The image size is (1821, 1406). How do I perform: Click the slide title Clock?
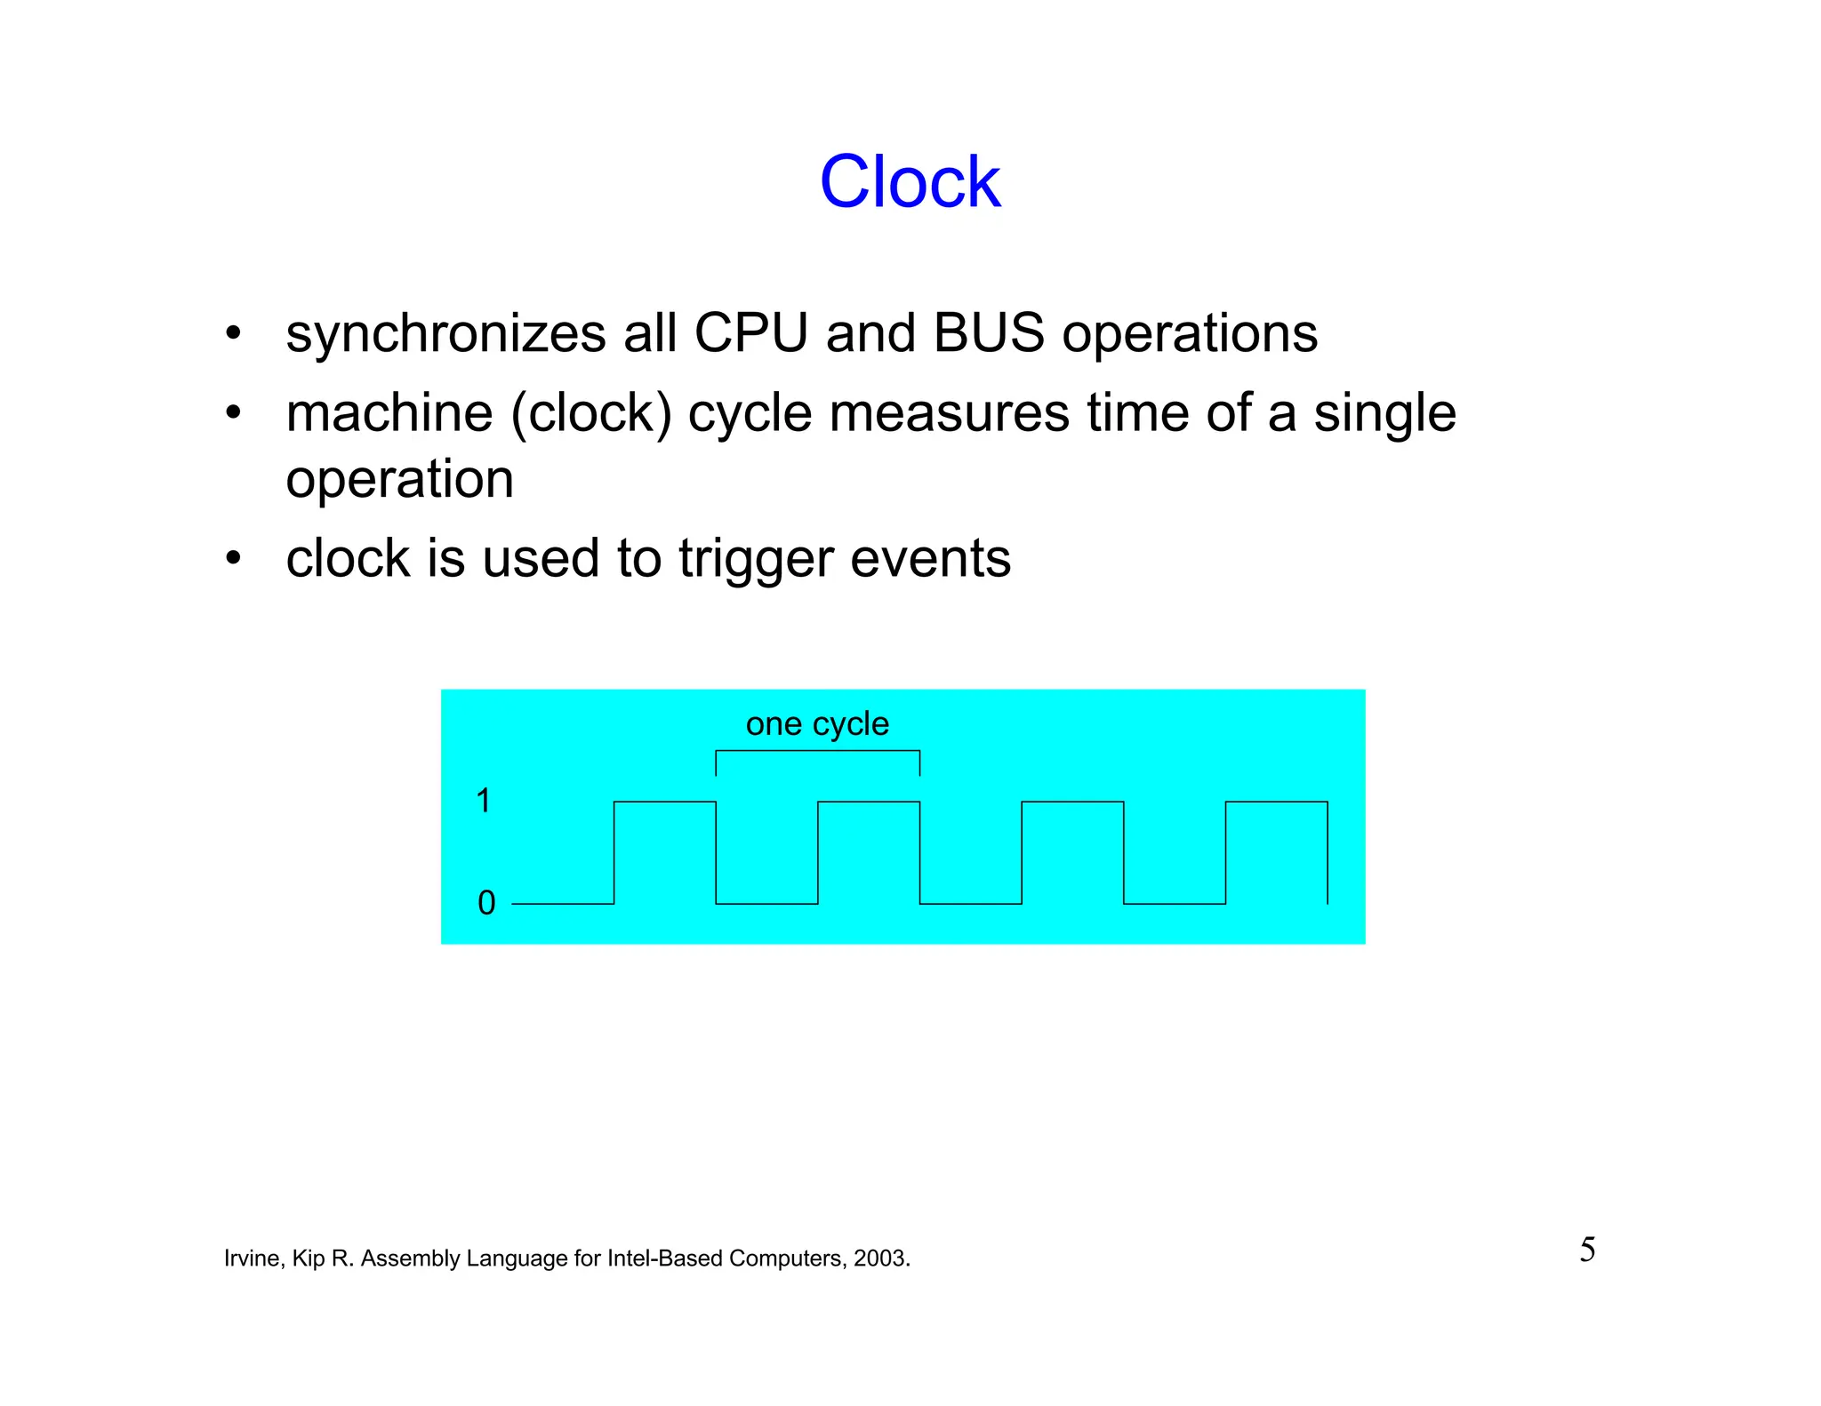pyautogui.click(x=910, y=182)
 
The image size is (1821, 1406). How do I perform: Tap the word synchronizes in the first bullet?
pyautogui.click(x=445, y=335)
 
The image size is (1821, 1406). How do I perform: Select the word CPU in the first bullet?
pyautogui.click(x=750, y=333)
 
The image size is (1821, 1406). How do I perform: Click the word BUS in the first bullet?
pyautogui.click(x=989, y=333)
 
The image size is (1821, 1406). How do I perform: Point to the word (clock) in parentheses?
pyautogui.click(x=590, y=414)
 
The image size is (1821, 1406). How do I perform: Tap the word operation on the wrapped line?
pyautogui.click(x=399, y=480)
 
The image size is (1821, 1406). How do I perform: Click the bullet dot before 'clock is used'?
pyautogui.click(x=233, y=559)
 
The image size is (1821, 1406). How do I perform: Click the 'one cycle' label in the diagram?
pyautogui.click(x=817, y=723)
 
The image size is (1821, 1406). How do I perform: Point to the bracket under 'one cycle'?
pyautogui.click(x=817, y=752)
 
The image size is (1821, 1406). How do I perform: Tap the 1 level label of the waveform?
pyautogui.click(x=484, y=801)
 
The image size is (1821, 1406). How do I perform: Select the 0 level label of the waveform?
pyautogui.click(x=486, y=903)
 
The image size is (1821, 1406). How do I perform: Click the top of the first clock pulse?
pyautogui.click(x=664, y=803)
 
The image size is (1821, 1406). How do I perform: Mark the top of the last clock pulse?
pyautogui.click(x=1276, y=803)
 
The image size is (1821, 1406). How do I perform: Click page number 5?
pyautogui.click(x=1587, y=1250)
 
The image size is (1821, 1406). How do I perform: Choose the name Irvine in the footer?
pyautogui.click(x=252, y=1258)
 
